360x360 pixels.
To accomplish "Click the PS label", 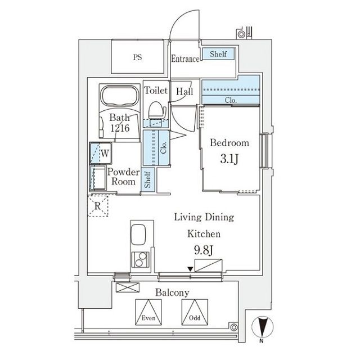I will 137,57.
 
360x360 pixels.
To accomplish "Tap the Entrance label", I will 185,59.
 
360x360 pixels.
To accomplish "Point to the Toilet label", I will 156,90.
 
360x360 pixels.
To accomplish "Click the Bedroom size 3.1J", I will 229,159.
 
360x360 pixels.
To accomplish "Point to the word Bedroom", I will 229,143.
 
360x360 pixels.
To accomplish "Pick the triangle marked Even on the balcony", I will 148,311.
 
